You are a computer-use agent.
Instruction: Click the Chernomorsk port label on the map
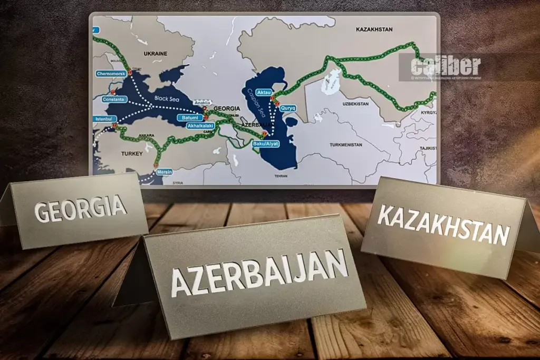coord(110,74)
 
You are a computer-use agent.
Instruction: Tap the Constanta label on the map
coord(113,99)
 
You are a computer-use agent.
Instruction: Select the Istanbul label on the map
coord(103,119)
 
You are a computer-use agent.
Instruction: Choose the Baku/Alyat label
coord(265,143)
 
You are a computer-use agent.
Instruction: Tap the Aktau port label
coord(264,92)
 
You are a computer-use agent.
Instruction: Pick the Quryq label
coord(288,108)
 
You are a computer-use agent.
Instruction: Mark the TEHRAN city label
coord(280,176)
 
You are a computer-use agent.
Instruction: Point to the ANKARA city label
coord(147,135)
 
